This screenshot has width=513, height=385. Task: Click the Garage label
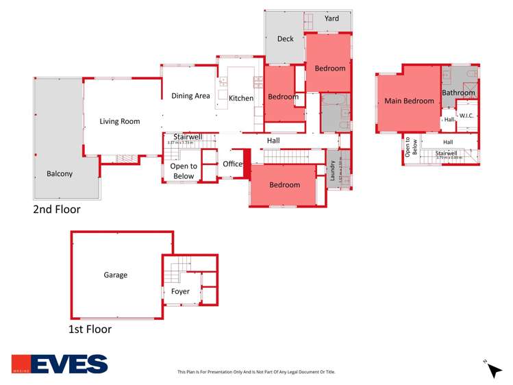click(x=116, y=275)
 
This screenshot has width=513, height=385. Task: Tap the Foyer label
click(x=180, y=292)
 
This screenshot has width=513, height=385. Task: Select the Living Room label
click(x=120, y=121)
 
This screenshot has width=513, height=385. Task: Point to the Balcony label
click(x=60, y=174)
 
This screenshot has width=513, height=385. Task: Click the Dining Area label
click(x=190, y=96)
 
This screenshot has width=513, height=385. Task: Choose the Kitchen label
click(x=241, y=98)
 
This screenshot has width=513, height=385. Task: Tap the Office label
click(x=233, y=164)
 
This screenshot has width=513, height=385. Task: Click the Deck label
click(x=285, y=39)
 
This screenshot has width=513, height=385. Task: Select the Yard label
click(x=331, y=18)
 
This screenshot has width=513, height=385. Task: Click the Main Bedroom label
click(x=409, y=101)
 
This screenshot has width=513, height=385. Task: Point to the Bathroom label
click(x=458, y=92)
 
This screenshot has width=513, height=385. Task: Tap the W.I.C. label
click(x=468, y=116)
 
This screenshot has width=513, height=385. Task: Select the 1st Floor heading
click(x=90, y=329)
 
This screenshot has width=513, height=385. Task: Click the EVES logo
click(x=60, y=364)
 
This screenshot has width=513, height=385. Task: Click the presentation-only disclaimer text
click(x=256, y=372)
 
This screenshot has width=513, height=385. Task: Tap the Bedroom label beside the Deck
click(x=330, y=69)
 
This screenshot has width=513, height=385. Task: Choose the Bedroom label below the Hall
click(x=284, y=185)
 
